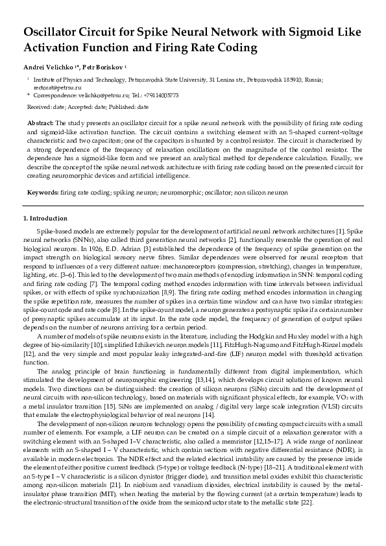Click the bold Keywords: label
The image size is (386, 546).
pos(43,193)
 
